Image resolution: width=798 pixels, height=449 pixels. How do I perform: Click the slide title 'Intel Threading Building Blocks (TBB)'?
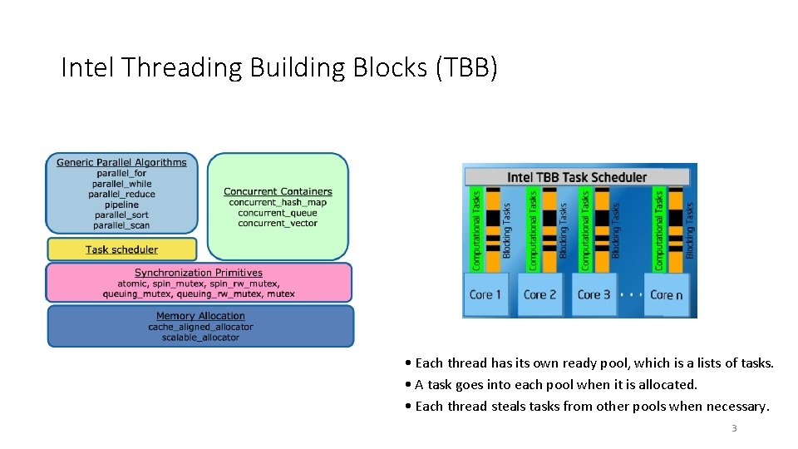[x=279, y=67]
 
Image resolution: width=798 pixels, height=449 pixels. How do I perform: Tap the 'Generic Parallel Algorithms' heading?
[x=121, y=162]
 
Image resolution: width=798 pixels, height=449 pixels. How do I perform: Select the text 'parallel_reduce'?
[x=121, y=194]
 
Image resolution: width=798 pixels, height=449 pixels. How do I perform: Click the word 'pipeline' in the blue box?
[x=121, y=205]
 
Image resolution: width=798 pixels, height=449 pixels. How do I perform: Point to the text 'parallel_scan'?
[x=121, y=225]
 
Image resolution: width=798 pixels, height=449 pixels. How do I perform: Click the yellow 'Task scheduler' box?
[x=121, y=249]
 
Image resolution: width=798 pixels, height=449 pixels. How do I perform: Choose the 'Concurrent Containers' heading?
[x=278, y=192]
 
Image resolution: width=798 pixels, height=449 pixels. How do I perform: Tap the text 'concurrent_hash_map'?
[x=278, y=203]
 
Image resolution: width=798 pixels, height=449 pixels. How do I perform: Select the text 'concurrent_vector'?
[x=278, y=224]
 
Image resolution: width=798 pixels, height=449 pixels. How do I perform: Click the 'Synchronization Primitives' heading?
[x=199, y=273]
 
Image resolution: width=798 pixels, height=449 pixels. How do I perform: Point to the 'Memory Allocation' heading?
[x=200, y=316]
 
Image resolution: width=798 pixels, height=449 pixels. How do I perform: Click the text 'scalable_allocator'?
[x=200, y=338]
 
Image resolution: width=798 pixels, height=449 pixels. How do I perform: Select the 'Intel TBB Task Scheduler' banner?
[x=577, y=176]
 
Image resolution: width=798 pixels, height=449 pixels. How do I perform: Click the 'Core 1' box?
[x=485, y=294]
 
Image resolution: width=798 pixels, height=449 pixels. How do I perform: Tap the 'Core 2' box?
[x=539, y=294]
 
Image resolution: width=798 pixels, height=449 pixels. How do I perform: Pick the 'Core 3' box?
[x=594, y=294]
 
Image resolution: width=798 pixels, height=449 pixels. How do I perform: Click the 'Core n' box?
[x=667, y=294]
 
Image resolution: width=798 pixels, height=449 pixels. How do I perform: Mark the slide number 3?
[x=734, y=429]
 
